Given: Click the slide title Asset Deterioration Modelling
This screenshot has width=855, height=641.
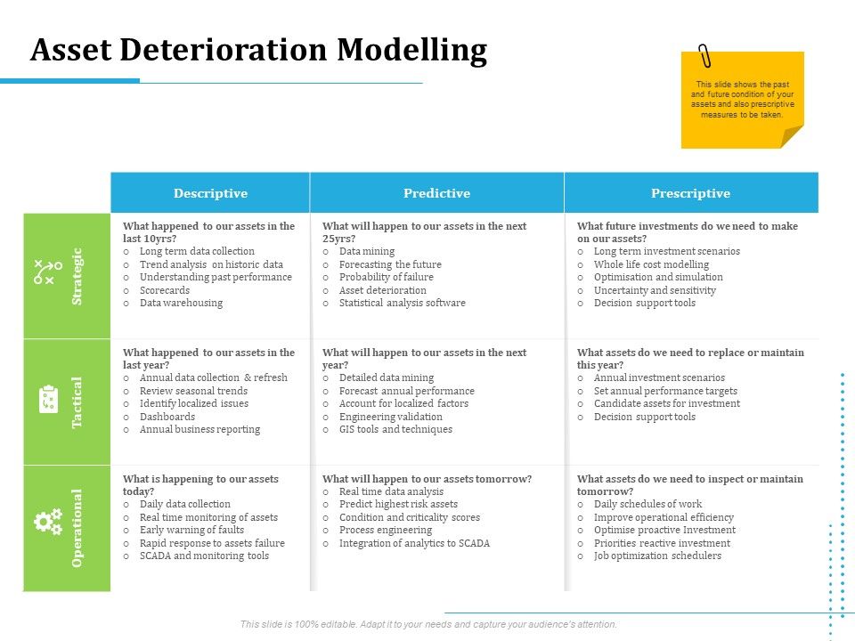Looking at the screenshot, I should point(258,51).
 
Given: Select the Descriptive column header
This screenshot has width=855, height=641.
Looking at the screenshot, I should point(210,193).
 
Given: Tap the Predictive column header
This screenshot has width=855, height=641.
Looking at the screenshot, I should point(436,193).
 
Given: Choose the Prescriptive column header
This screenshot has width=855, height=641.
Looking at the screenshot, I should point(690,193).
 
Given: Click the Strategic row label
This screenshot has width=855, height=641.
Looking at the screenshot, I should point(77,276).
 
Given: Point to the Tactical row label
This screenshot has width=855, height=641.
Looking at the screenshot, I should point(77,402).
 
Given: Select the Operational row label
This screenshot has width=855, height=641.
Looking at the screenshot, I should point(77,528).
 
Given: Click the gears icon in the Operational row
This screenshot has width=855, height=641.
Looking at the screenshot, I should point(47,522).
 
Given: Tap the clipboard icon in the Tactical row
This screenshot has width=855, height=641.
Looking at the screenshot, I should point(48,399).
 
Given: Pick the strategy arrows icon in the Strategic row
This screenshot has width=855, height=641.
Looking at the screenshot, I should point(47,272).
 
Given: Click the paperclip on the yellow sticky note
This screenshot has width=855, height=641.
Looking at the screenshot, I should point(705,56).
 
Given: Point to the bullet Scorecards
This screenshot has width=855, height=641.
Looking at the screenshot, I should point(165,290).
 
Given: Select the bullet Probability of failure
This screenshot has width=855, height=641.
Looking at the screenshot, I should point(386,277).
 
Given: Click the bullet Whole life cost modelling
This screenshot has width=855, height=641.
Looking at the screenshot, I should point(651,264).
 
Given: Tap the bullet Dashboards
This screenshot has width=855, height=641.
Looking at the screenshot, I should point(167,417).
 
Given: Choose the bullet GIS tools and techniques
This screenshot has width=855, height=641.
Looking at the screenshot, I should point(395,429).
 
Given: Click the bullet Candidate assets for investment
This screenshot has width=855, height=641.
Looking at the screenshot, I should point(666,403).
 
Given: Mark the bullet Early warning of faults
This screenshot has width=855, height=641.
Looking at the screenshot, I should point(191,530).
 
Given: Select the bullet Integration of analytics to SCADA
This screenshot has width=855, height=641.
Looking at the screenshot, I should point(414,543).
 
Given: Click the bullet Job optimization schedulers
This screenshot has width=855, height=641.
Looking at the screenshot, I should point(657,556).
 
